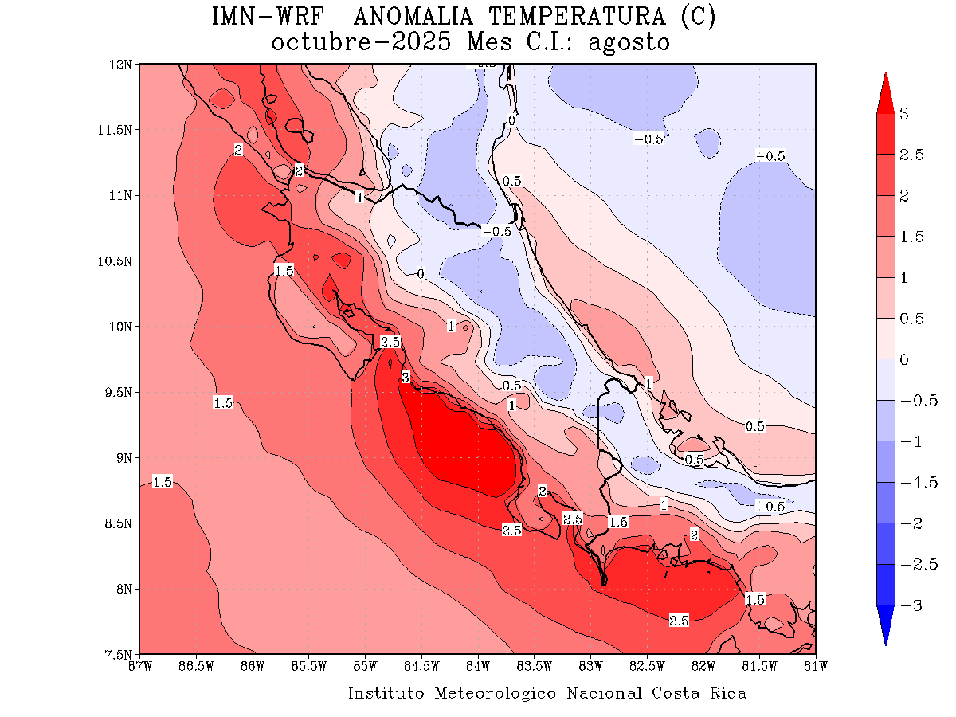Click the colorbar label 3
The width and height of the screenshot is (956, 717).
(x=903, y=114)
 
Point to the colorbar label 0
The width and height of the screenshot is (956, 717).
(x=903, y=360)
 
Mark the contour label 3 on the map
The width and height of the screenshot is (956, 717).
(x=405, y=378)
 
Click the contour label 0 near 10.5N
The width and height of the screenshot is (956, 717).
(x=421, y=274)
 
